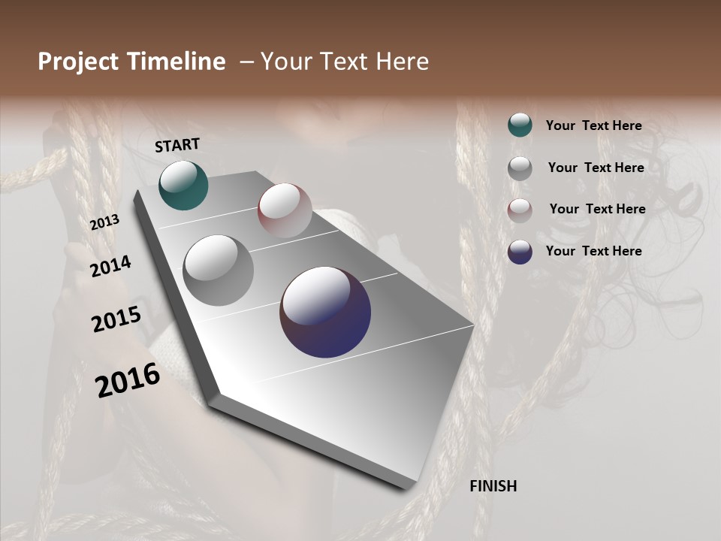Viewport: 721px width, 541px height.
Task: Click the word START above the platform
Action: pos(177,145)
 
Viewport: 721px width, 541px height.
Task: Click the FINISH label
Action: pos(493,486)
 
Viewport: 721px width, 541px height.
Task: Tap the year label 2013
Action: pos(104,222)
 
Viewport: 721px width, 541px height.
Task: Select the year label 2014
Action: pos(110,266)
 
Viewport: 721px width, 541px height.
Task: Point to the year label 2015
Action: pos(116,319)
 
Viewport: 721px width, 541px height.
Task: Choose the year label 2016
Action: pos(128,379)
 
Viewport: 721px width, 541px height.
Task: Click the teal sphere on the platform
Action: pos(184,186)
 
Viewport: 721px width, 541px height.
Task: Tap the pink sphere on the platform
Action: pos(285,210)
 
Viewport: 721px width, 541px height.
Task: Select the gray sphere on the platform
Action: pos(219,270)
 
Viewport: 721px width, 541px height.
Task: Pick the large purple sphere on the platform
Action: pos(325,312)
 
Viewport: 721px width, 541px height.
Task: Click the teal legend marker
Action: pos(520,125)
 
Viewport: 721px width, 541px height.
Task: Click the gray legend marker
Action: pos(520,168)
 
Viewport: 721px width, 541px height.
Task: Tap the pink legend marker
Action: pos(520,210)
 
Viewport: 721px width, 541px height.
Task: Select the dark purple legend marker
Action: pos(520,252)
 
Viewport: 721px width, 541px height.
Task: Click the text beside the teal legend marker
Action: pos(593,125)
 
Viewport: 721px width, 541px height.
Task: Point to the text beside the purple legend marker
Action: pos(593,251)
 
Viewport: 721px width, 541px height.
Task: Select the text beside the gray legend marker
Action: pos(596,168)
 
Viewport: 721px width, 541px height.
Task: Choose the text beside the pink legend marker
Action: pos(597,209)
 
